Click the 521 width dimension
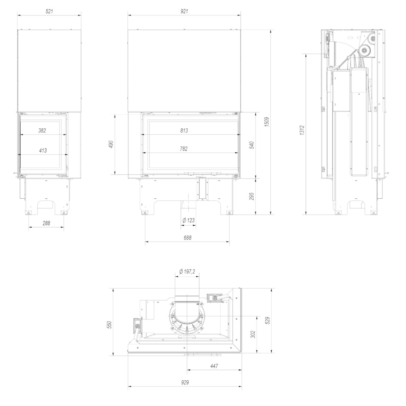(x=49, y=11)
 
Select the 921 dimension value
(x=184, y=11)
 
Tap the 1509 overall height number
(x=267, y=122)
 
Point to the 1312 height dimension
(x=302, y=130)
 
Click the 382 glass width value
(x=42, y=131)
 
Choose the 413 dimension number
(x=43, y=151)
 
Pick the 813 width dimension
(x=184, y=131)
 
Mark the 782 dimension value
(x=184, y=149)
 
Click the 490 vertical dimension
(x=111, y=144)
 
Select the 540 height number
(x=252, y=145)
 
